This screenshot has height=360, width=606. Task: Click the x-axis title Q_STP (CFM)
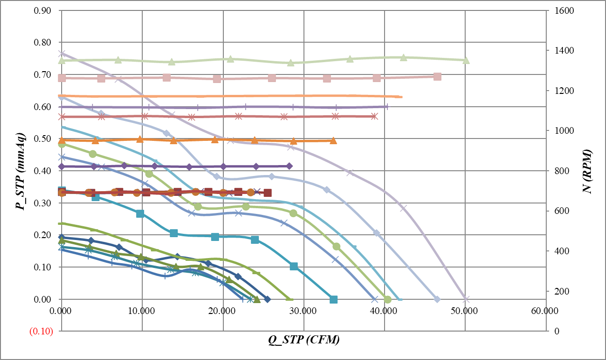point(303,340)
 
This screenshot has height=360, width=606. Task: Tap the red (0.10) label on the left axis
point(41,332)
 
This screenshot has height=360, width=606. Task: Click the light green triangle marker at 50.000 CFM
point(466,60)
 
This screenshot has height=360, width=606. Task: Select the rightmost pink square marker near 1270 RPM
point(437,76)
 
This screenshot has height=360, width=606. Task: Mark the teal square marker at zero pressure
point(333,299)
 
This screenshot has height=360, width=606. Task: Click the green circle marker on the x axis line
point(387,299)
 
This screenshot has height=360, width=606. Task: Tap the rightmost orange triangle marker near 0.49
point(333,140)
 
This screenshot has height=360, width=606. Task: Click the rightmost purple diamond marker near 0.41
point(289,166)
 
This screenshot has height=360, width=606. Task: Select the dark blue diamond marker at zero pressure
point(267,299)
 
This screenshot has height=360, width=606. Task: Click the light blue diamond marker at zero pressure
point(437,299)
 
